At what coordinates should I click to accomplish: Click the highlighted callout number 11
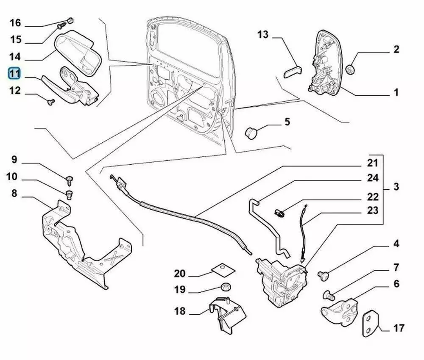click(x=15, y=73)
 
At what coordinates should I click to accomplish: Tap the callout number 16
click(x=15, y=22)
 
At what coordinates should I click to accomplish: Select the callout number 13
click(x=263, y=34)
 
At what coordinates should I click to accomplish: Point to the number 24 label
click(x=372, y=178)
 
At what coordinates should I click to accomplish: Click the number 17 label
click(x=399, y=327)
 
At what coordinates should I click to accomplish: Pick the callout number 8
click(x=14, y=194)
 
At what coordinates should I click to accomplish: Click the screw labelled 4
click(x=324, y=276)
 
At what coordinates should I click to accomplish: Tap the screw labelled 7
click(x=328, y=293)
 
